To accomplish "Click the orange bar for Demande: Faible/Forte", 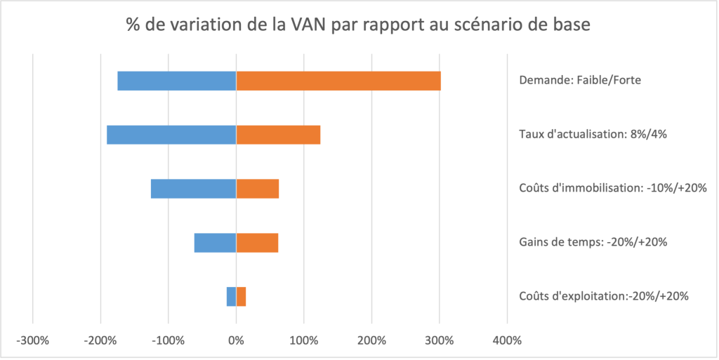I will pyautogui.click(x=338, y=81).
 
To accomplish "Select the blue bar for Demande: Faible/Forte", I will pyautogui.click(x=176, y=81).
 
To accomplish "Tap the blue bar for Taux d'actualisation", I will pyautogui.click(x=171, y=135).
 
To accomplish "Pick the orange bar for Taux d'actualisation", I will pyautogui.click(x=278, y=135).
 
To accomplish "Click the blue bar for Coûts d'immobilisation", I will pyautogui.click(x=193, y=189).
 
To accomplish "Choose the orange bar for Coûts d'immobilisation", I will pyautogui.click(x=258, y=189).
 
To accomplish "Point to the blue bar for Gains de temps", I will pyautogui.click(x=215, y=243).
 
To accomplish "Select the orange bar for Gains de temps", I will pyautogui.click(x=257, y=243).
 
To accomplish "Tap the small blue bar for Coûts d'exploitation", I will pyautogui.click(x=231, y=297).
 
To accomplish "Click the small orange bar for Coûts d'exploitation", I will pyautogui.click(x=241, y=297).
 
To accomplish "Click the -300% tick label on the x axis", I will pyautogui.click(x=32, y=341).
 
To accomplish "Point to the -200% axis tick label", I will pyautogui.click(x=100, y=341).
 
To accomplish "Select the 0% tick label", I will pyautogui.click(x=236, y=341).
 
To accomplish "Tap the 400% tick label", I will pyautogui.click(x=507, y=341).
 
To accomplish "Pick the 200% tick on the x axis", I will pyautogui.click(x=371, y=341).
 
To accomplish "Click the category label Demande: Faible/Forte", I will pyautogui.click(x=579, y=81).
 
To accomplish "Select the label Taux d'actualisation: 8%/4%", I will pyautogui.click(x=587, y=135).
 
